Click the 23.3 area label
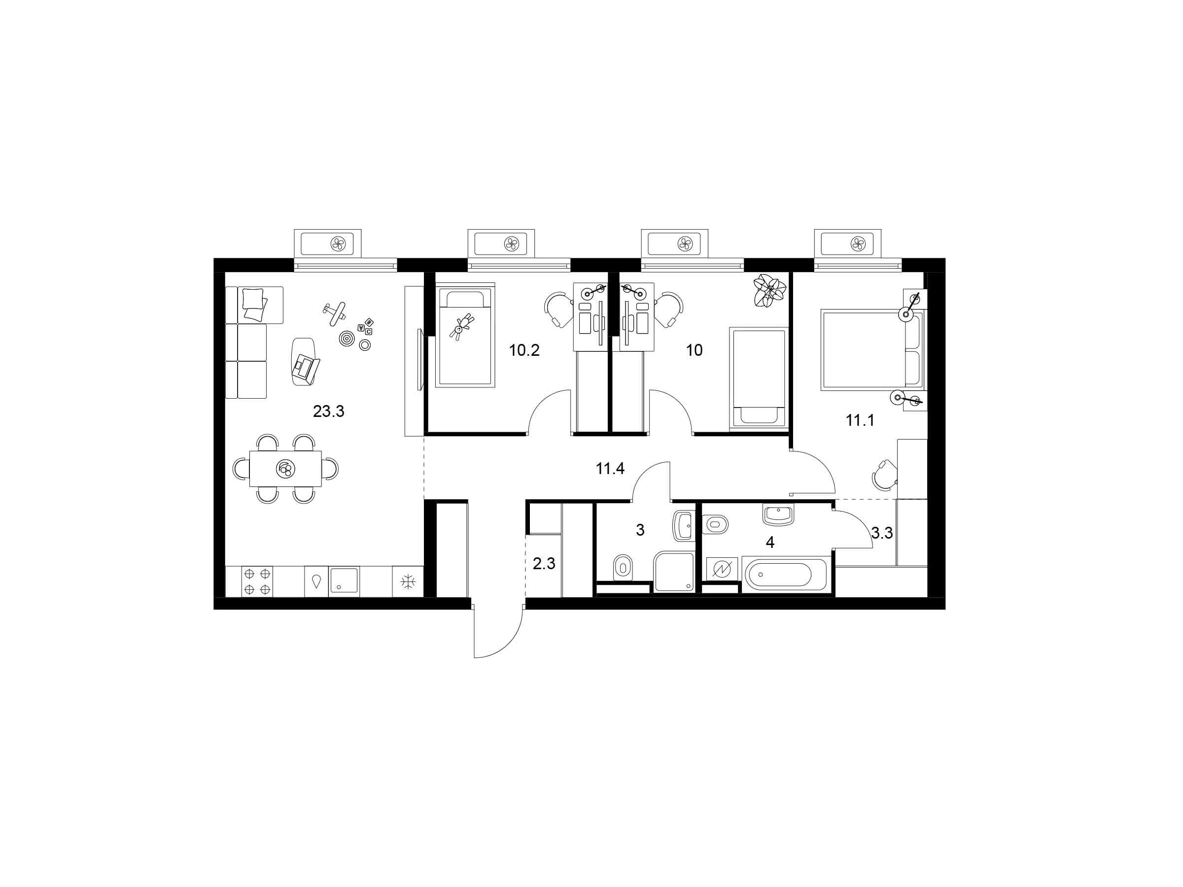328,411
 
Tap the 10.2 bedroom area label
524,351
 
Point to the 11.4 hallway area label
610,469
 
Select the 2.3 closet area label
544,564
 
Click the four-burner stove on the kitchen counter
257,581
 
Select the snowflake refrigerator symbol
408,581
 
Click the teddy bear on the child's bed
461,326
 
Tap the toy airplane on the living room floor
335,314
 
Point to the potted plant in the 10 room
770,290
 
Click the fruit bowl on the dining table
285,470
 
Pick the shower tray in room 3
673,572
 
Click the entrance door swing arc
508,641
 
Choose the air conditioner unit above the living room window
327,244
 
